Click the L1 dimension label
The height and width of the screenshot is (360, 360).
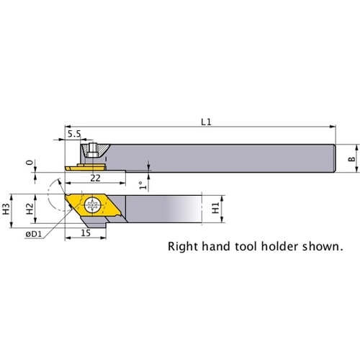coord(206,122)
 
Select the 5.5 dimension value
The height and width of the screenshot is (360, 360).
coord(74,134)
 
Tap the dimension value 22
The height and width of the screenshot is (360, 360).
coord(95,178)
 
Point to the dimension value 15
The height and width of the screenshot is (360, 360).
coord(86,233)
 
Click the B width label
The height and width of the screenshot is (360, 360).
coord(351,158)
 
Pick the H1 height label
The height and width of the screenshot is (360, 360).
coord(216,208)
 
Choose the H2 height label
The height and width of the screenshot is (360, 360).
coord(30,209)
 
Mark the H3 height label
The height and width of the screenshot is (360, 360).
coord(6,209)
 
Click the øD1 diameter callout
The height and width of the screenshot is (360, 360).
coord(34,234)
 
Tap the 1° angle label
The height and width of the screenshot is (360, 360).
coord(143,185)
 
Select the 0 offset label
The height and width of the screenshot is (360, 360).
coord(30,163)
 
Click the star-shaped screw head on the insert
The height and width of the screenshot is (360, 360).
coord(93,205)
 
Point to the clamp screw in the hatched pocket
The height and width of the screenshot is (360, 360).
coord(92,150)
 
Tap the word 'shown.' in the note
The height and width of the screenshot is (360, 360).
coord(323,246)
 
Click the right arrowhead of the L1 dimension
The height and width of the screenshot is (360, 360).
coord(333,127)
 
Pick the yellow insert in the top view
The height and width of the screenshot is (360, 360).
coord(86,167)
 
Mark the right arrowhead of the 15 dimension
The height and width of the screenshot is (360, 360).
coord(104,238)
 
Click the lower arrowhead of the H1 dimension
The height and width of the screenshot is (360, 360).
coord(222,220)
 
